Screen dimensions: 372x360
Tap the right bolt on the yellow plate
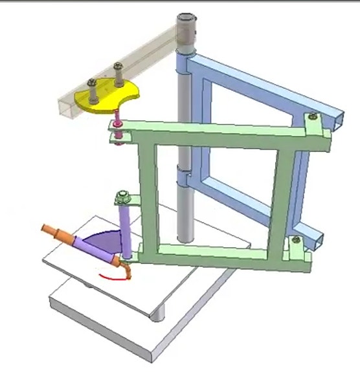(x=118, y=75)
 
